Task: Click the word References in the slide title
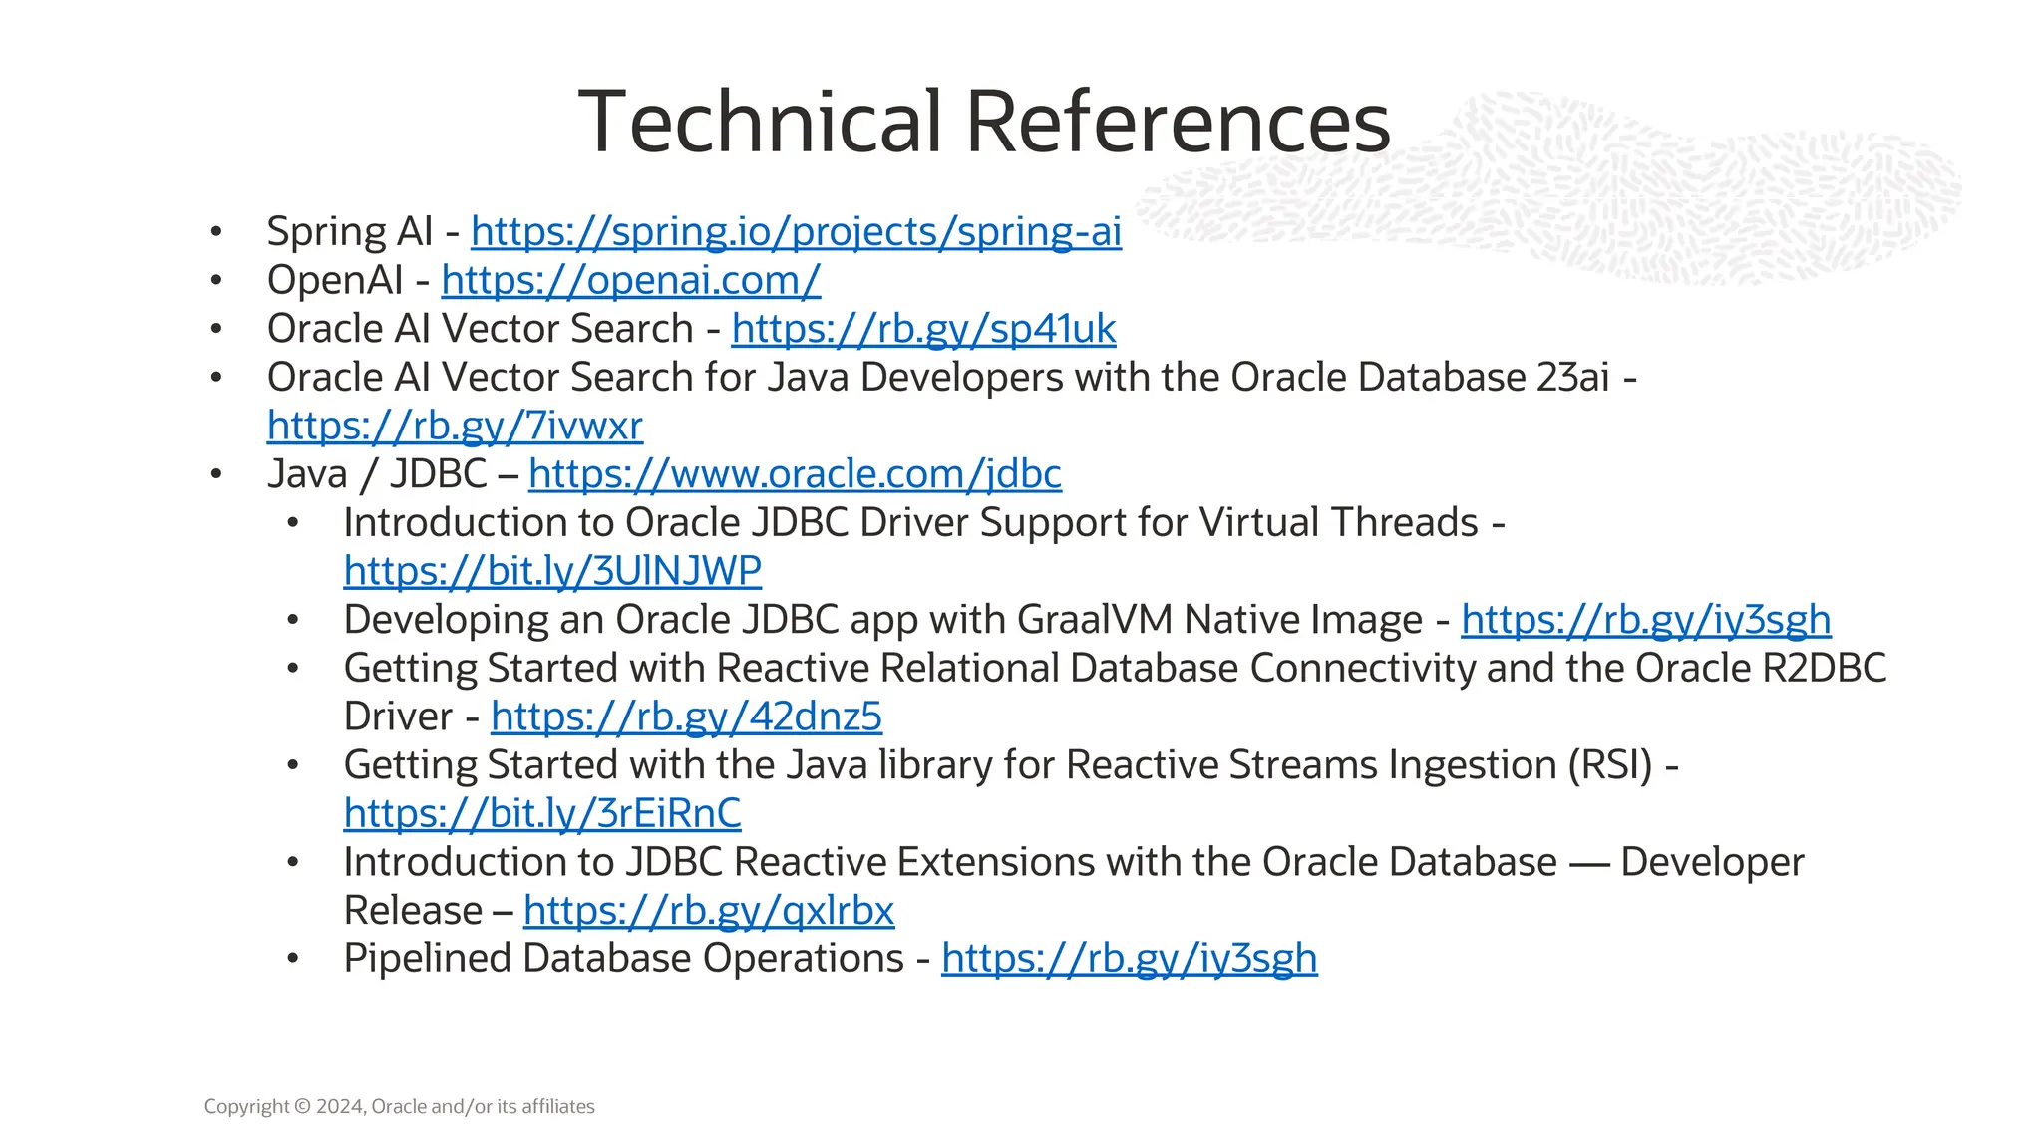point(1178,122)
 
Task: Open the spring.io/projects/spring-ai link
point(796,231)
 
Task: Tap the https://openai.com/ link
point(630,280)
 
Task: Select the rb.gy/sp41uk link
point(923,329)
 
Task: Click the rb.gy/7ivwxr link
point(455,426)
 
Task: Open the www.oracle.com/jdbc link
point(795,474)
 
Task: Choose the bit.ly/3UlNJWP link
point(552,571)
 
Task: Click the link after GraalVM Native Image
point(1645,620)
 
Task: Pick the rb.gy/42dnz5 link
point(686,717)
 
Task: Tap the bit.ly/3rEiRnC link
point(542,813)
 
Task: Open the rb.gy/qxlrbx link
point(709,910)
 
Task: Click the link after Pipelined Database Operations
point(1129,959)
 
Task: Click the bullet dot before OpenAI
point(216,281)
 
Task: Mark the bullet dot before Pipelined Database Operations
point(292,959)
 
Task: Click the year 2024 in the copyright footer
point(340,1106)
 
